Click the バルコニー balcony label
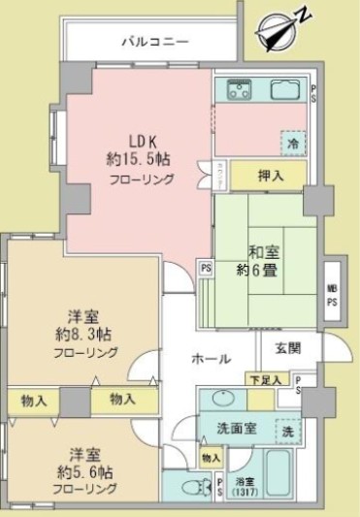tap(155, 42)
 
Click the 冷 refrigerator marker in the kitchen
tap(292, 142)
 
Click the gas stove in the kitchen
tap(240, 93)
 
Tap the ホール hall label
tap(211, 359)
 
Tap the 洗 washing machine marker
tap(288, 427)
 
